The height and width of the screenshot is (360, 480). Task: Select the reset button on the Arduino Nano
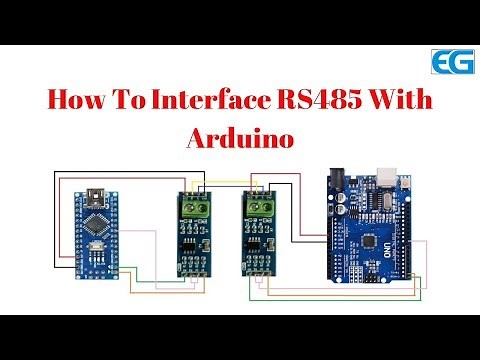(x=99, y=246)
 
